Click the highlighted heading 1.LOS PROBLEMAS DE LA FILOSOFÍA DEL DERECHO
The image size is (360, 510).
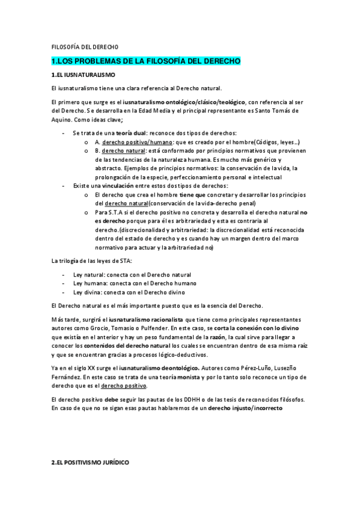[146, 61]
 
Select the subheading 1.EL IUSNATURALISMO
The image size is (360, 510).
[81, 75]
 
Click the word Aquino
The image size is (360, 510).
[61, 120]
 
